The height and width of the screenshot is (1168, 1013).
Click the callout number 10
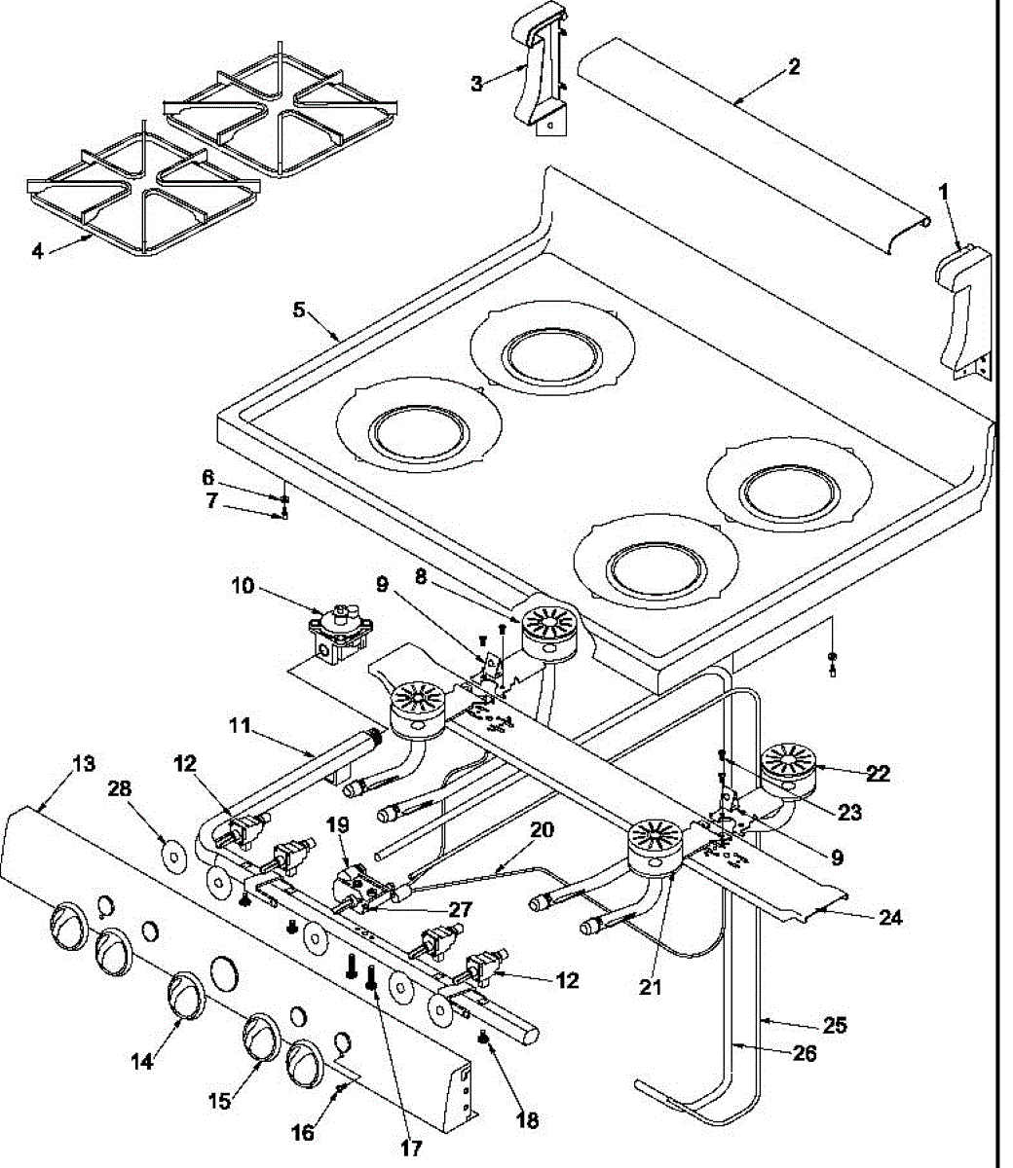243,586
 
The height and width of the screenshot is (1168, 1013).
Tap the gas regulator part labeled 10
339,633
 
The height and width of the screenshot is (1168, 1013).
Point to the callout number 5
299,310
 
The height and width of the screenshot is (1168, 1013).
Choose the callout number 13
85,764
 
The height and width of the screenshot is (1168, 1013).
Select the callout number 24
890,917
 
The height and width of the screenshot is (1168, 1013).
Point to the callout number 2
794,67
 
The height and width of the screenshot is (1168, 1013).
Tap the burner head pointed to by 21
650,851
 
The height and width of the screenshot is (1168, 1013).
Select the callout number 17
411,1149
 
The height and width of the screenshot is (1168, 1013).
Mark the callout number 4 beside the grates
37,251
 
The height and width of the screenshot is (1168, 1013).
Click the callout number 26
805,1054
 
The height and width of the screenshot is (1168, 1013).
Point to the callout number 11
241,726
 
